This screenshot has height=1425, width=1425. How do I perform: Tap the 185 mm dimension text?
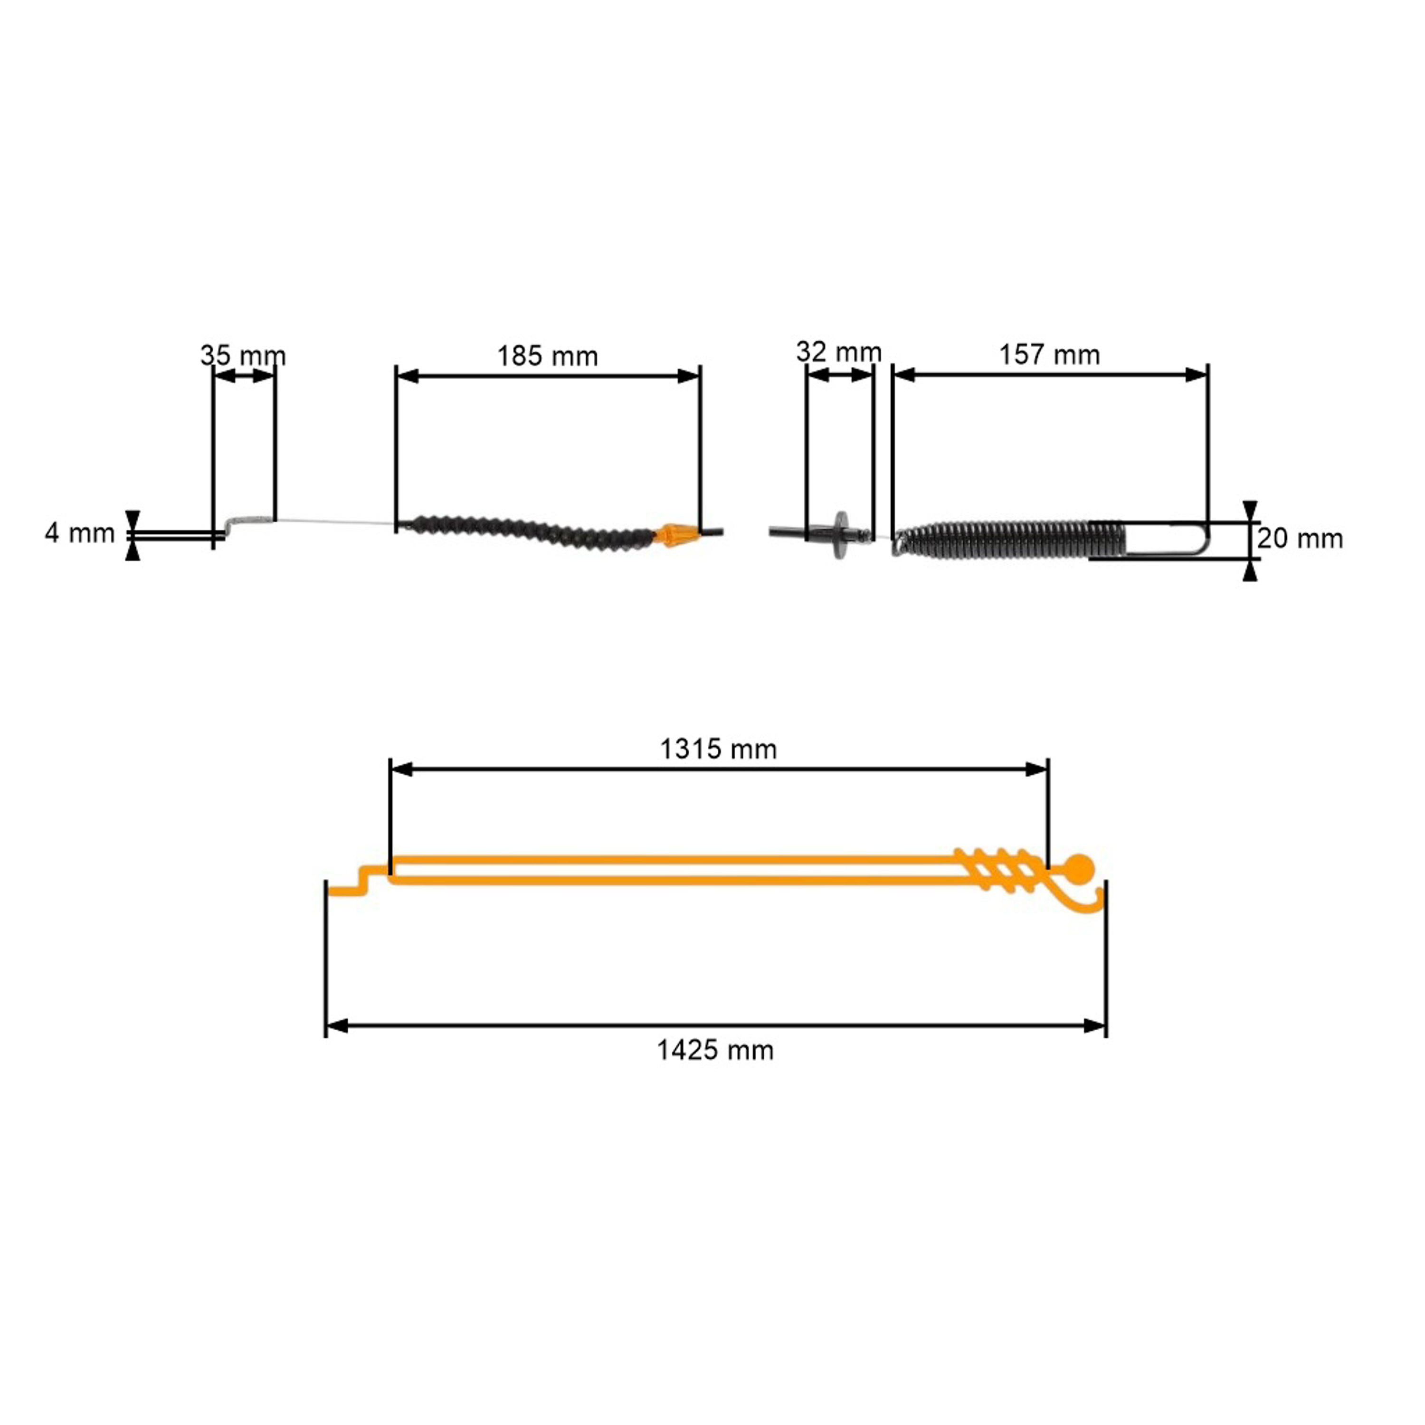[x=547, y=356]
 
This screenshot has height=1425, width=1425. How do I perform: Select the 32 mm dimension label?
[x=839, y=352]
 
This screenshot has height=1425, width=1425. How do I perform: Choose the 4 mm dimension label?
[x=80, y=532]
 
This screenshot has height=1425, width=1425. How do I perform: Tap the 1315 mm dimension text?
[x=718, y=750]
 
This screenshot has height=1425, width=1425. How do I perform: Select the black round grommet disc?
[x=841, y=534]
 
